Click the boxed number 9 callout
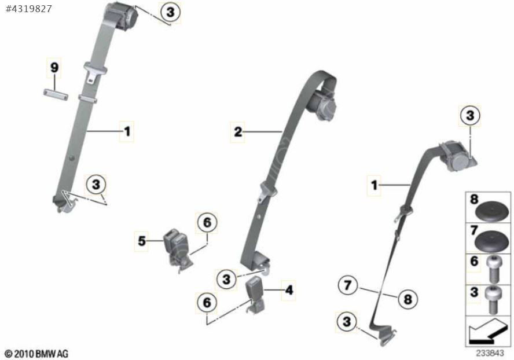pyautogui.click(x=54, y=68)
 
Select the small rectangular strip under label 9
pyautogui.click(x=56, y=94)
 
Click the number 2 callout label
pyautogui.click(x=238, y=132)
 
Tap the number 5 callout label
pyautogui.click(x=142, y=241)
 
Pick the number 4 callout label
pyautogui.click(x=288, y=290)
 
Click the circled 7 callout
pyautogui.click(x=348, y=285)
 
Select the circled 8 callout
pyautogui.click(x=408, y=299)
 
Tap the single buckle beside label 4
pyautogui.click(x=255, y=295)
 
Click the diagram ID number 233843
pyautogui.click(x=490, y=353)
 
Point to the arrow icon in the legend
pyautogui.click(x=488, y=331)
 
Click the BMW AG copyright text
pyautogui.click(x=37, y=354)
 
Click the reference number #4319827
pyautogui.click(x=29, y=9)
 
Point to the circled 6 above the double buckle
pyautogui.click(x=207, y=223)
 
